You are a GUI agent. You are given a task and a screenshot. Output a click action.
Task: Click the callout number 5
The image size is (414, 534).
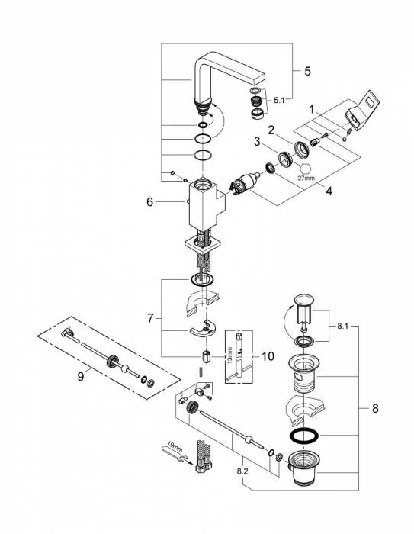tap(307, 71)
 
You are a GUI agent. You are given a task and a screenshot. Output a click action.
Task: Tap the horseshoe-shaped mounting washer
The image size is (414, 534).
tap(204, 329)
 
